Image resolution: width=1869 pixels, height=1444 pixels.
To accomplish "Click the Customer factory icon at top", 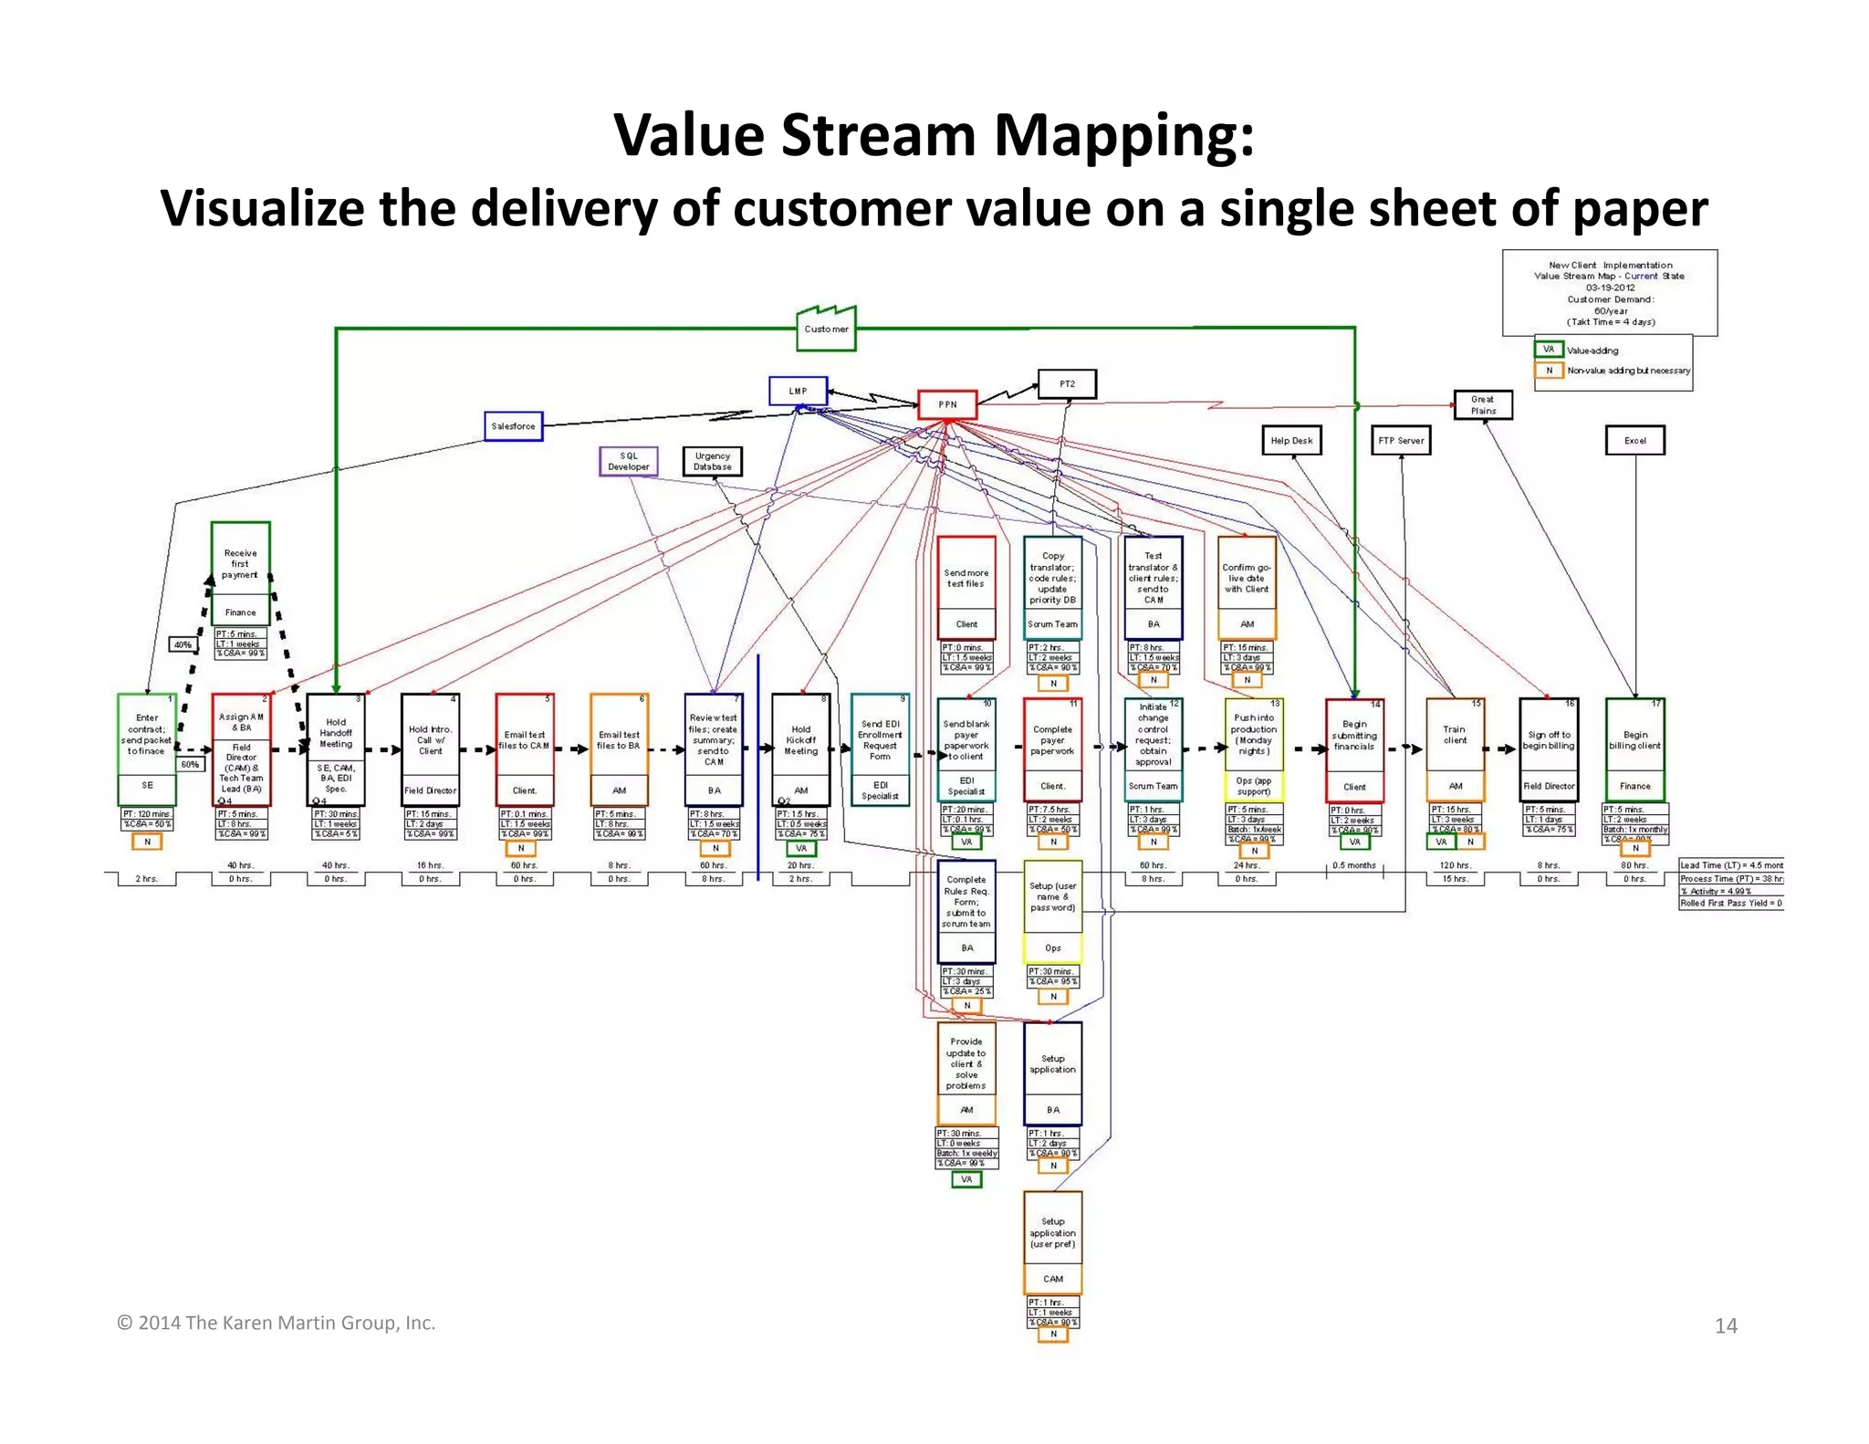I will pos(826,330).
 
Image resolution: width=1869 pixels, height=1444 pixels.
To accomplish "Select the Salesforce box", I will pos(513,426).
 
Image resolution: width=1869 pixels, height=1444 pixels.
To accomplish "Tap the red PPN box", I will pos(947,404).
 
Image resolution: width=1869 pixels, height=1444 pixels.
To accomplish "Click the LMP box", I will pos(798,391).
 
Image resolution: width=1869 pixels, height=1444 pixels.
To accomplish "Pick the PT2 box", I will pos(1067,384).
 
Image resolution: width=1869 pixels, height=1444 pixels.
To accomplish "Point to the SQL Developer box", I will pos(628,461).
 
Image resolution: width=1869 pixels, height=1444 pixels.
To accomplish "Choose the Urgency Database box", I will pos(712,461).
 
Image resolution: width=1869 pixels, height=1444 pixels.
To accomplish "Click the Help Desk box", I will pos(1291,440).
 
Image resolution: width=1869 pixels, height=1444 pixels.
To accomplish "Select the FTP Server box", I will pos(1401,440).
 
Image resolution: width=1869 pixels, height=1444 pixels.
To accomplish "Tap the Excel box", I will pos(1634,440).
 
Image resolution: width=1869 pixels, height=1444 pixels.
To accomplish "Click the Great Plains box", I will pos(1483,404).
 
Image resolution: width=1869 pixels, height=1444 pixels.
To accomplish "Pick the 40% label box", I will pos(183,644).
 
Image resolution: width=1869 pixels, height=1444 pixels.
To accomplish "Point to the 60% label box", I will pos(190,764).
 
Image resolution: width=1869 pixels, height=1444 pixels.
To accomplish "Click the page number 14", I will pos(1725,1326).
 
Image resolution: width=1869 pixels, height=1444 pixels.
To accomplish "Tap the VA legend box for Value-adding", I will pos(1548,350).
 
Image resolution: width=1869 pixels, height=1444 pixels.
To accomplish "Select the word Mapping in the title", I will pos(1123,135).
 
